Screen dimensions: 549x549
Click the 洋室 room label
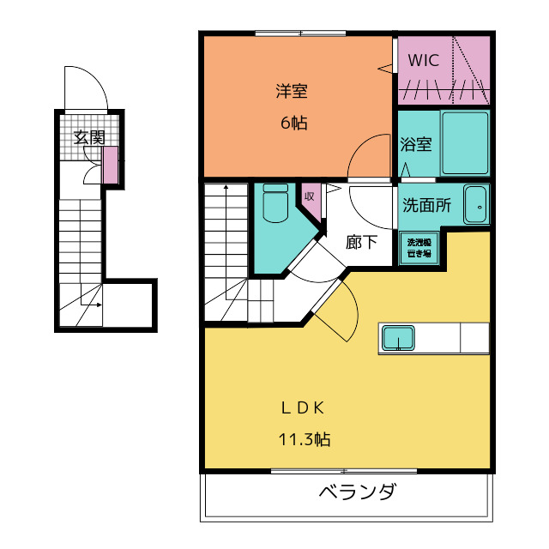coord(292,91)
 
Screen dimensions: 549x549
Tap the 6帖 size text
coord(294,123)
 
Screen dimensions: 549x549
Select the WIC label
coord(423,60)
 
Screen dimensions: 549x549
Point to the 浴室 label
coord(416,144)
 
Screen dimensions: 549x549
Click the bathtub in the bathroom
coord(465,143)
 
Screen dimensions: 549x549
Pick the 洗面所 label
coord(427,206)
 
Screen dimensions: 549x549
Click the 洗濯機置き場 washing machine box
coord(419,248)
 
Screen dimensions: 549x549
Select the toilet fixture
coord(275,203)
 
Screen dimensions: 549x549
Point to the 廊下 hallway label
coord(361,242)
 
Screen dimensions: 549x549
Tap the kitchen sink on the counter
coord(398,338)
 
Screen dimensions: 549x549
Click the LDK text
coord(303,408)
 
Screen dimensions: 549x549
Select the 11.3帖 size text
coord(305,439)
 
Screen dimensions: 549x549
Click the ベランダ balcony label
coord(358,492)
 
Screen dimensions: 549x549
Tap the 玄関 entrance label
coord(89,137)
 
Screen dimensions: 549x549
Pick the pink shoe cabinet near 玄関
coord(110,165)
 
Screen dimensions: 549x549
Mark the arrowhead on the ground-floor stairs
coord(100,305)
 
